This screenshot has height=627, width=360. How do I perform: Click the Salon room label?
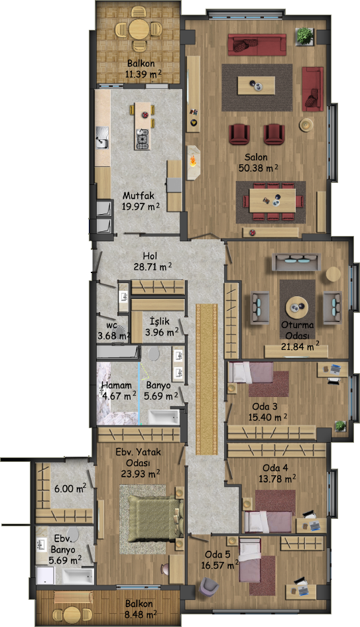point(256,157)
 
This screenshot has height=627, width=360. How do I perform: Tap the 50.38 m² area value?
point(258,168)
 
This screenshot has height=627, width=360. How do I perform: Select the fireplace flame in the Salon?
point(194,161)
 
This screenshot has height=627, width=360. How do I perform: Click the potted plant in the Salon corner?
point(305,36)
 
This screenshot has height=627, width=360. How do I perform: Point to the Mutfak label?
point(139,196)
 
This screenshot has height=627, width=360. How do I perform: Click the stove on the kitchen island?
point(142,139)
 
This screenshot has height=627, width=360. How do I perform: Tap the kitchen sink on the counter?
point(102,137)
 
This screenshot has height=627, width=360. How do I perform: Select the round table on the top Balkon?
point(138,28)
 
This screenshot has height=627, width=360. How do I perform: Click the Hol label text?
point(150,256)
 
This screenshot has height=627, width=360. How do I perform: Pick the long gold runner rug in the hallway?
point(206,379)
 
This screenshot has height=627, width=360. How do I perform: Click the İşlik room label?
point(160,321)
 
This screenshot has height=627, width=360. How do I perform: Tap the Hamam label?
point(117,386)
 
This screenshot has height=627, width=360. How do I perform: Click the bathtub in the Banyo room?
point(164,417)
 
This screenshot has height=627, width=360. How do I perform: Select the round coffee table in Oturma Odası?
point(297,307)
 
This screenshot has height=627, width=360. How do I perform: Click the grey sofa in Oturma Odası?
point(296,262)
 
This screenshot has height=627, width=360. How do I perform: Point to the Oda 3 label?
point(265,407)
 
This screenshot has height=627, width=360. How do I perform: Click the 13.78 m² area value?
point(277,479)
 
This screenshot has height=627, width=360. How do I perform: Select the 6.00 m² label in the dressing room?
point(70,488)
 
